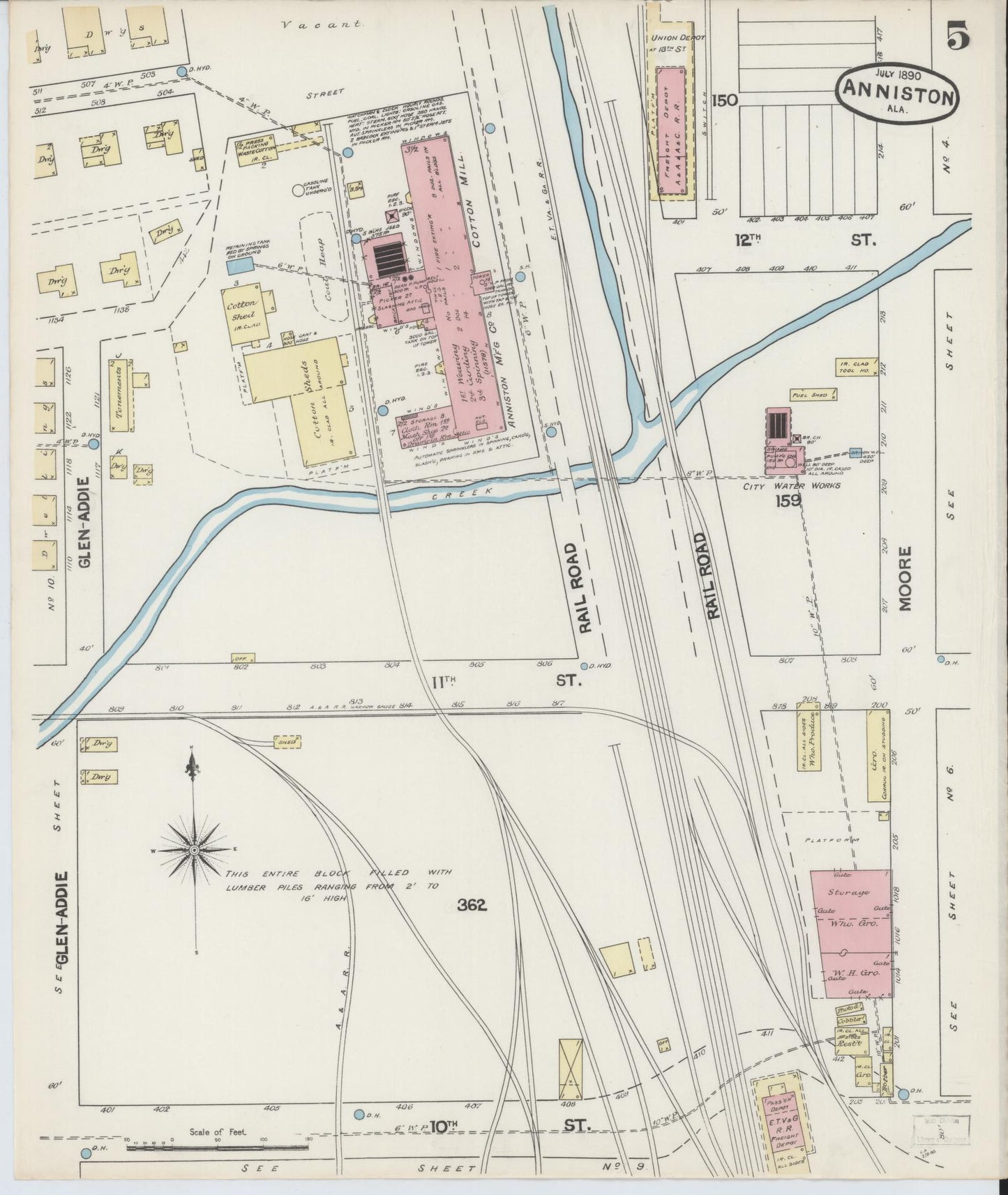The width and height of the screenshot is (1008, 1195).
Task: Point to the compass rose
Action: (x=194, y=850)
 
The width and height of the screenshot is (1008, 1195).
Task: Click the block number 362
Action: (x=472, y=905)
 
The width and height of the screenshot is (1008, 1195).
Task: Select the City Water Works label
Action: (x=803, y=485)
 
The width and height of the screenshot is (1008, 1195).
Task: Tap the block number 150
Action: (x=725, y=100)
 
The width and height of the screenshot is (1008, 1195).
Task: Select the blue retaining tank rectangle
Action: (x=239, y=265)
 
